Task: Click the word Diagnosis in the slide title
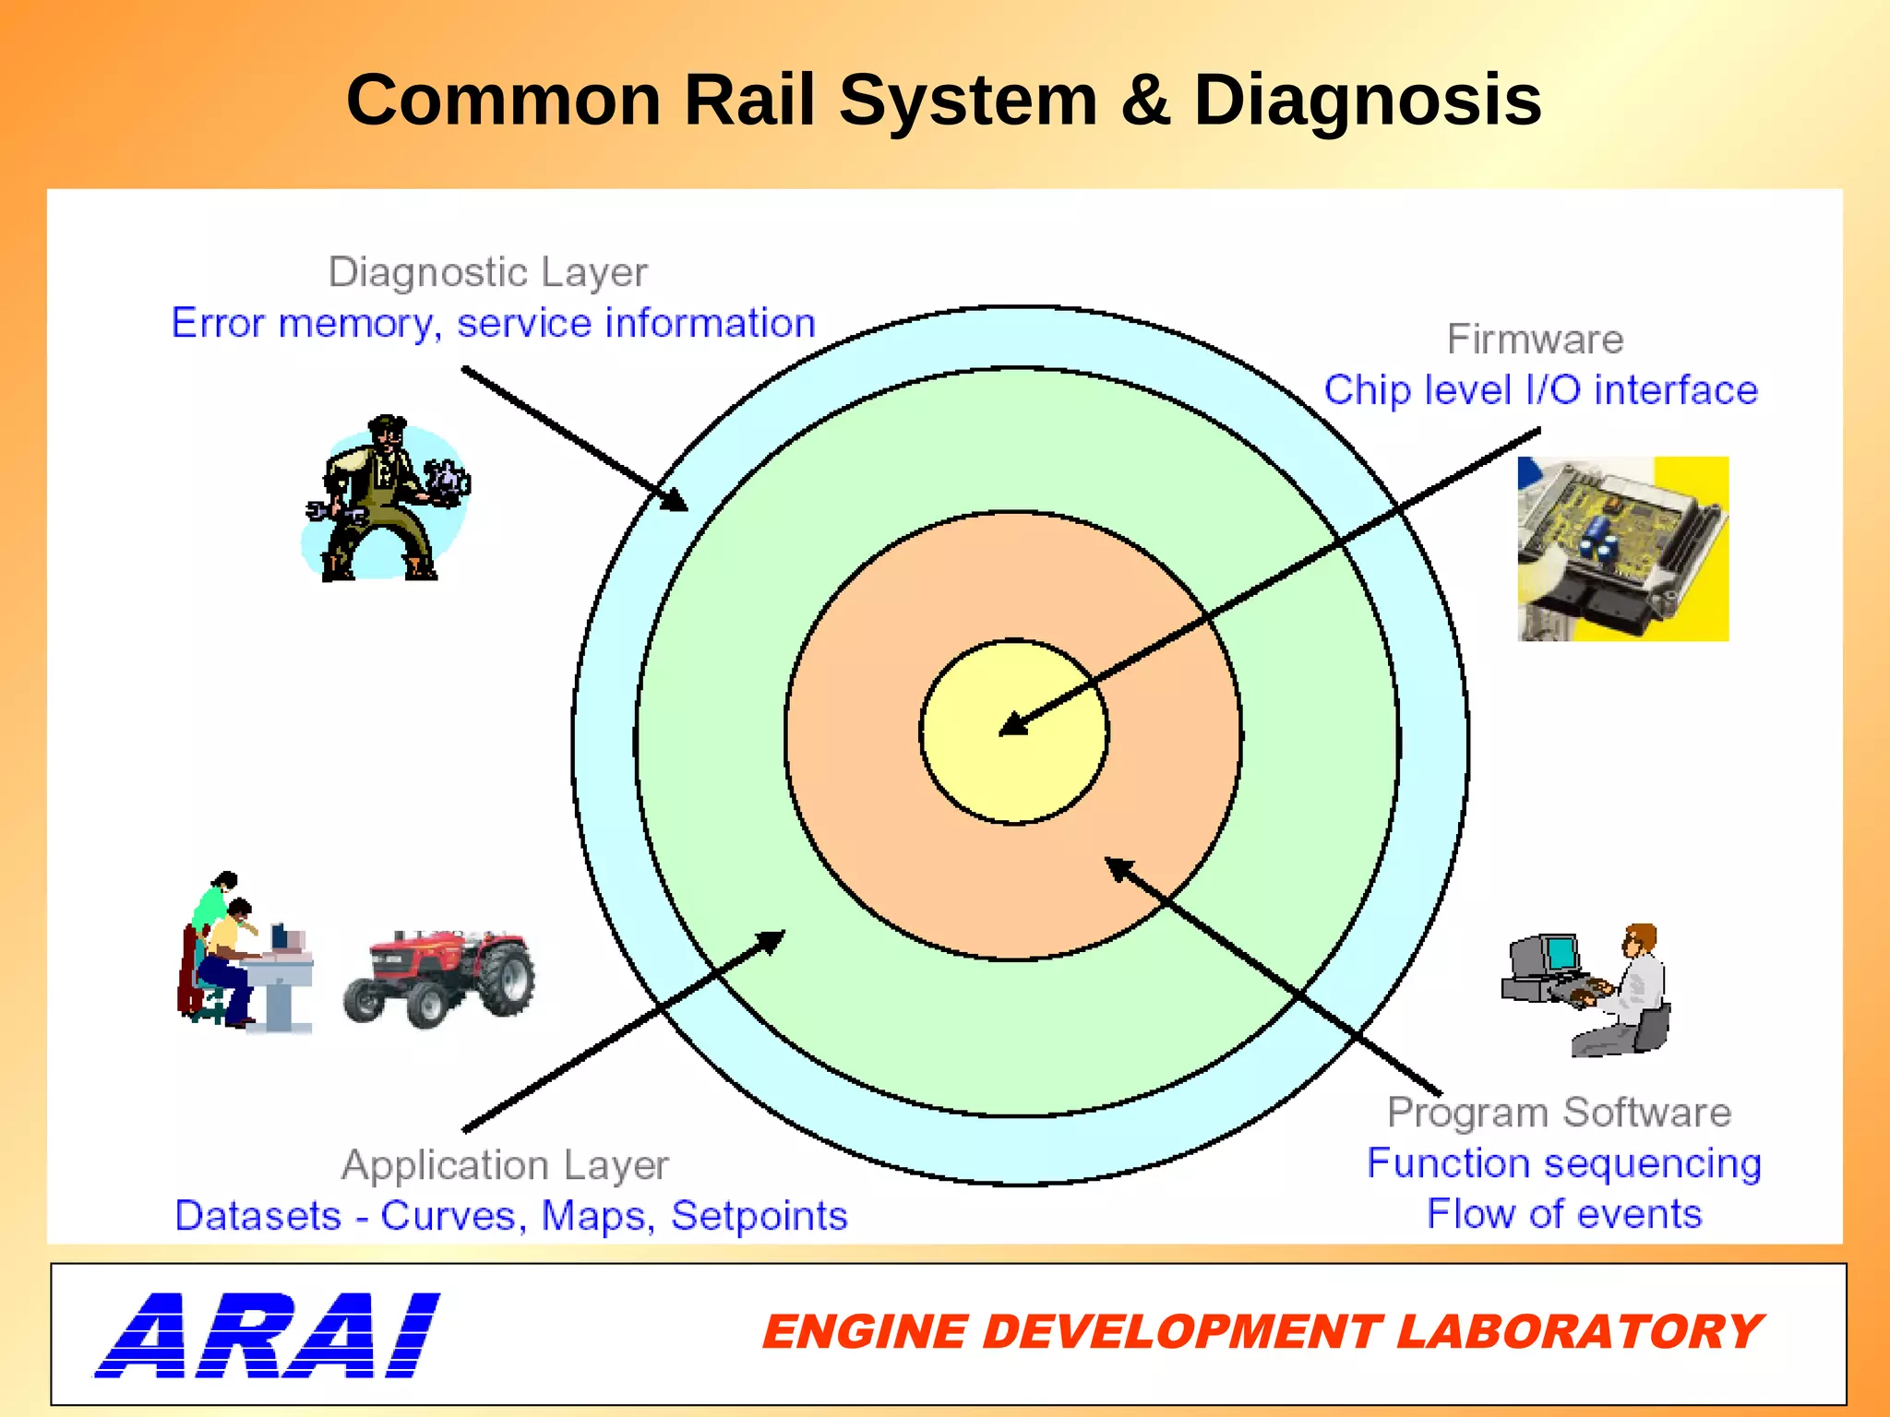tap(1367, 101)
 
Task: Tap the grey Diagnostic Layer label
tap(488, 272)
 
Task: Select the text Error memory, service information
tap(494, 324)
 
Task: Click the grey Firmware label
tap(1535, 339)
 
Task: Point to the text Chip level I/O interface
tap(1540, 390)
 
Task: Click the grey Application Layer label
tap(505, 1165)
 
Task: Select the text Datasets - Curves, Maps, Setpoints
tap(511, 1216)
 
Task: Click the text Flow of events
tap(1564, 1214)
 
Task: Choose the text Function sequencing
tap(1564, 1163)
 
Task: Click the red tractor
tap(440, 978)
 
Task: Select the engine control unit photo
tap(1622, 549)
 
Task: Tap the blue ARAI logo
tap(268, 1335)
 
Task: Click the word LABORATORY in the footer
tap(1578, 1332)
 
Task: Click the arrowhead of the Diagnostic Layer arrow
tap(676, 501)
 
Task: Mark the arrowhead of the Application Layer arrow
tap(772, 940)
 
